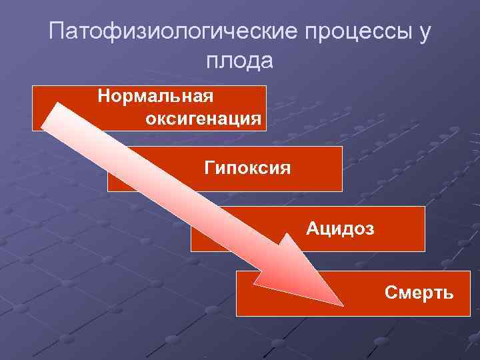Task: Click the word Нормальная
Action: pyautogui.click(x=155, y=97)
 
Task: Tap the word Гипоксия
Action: pyautogui.click(x=247, y=167)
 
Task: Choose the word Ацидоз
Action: pyautogui.click(x=340, y=229)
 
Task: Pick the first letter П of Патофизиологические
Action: pyautogui.click(x=58, y=32)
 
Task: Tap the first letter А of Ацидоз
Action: pyautogui.click(x=313, y=229)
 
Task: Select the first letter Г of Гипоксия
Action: pyautogui.click(x=209, y=167)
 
